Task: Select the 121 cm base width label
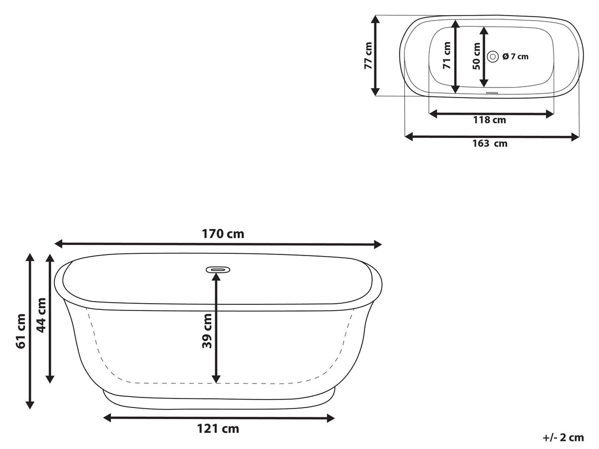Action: [x=218, y=428]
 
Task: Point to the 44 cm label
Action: [x=40, y=314]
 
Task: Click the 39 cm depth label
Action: [x=207, y=331]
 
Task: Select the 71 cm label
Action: [x=447, y=55]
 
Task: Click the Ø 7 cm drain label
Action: [x=515, y=56]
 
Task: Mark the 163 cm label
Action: [x=490, y=144]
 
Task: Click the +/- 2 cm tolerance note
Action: [x=563, y=437]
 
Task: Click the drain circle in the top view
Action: [x=493, y=56]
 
